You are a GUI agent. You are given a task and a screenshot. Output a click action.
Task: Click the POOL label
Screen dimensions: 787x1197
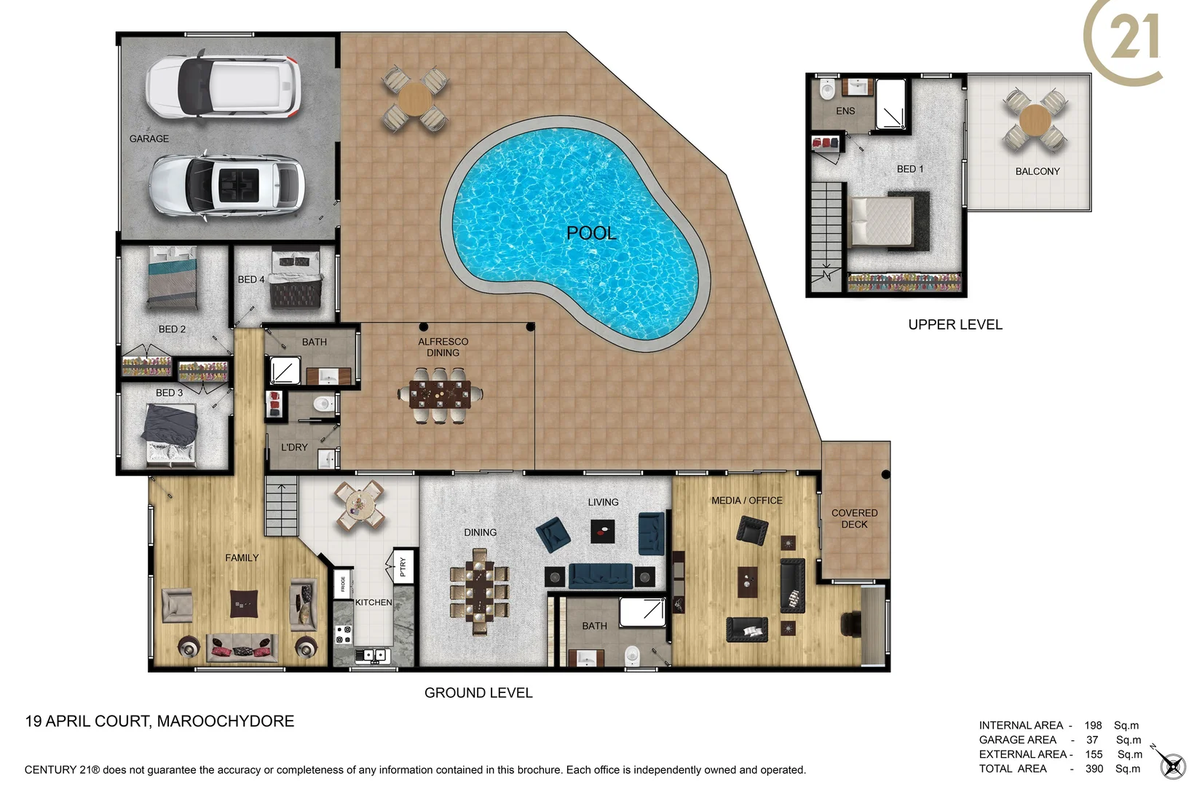pos(591,233)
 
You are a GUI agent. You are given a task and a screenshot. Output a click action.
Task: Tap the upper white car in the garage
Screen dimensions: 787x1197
pos(223,86)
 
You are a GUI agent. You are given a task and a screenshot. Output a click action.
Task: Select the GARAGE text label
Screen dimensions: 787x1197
pos(149,138)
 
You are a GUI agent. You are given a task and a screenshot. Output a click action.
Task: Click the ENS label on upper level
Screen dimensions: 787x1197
pos(845,111)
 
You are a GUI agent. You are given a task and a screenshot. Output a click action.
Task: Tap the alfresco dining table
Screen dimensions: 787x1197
pos(440,394)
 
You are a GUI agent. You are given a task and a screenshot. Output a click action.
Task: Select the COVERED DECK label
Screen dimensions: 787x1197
pos(854,518)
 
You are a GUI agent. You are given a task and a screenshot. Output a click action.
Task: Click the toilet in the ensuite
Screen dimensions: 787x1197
pos(827,90)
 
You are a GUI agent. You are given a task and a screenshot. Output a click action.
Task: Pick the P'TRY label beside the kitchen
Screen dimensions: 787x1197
pos(403,566)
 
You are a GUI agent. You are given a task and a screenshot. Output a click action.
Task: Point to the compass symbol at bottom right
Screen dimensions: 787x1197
pos(1172,765)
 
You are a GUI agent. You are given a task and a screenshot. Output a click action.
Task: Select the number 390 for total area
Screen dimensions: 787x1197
pos(1094,768)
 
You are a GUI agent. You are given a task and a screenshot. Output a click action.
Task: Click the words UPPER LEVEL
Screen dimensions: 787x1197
pos(955,324)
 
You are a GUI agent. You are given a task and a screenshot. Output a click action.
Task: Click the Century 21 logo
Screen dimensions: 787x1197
pos(1125,40)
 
